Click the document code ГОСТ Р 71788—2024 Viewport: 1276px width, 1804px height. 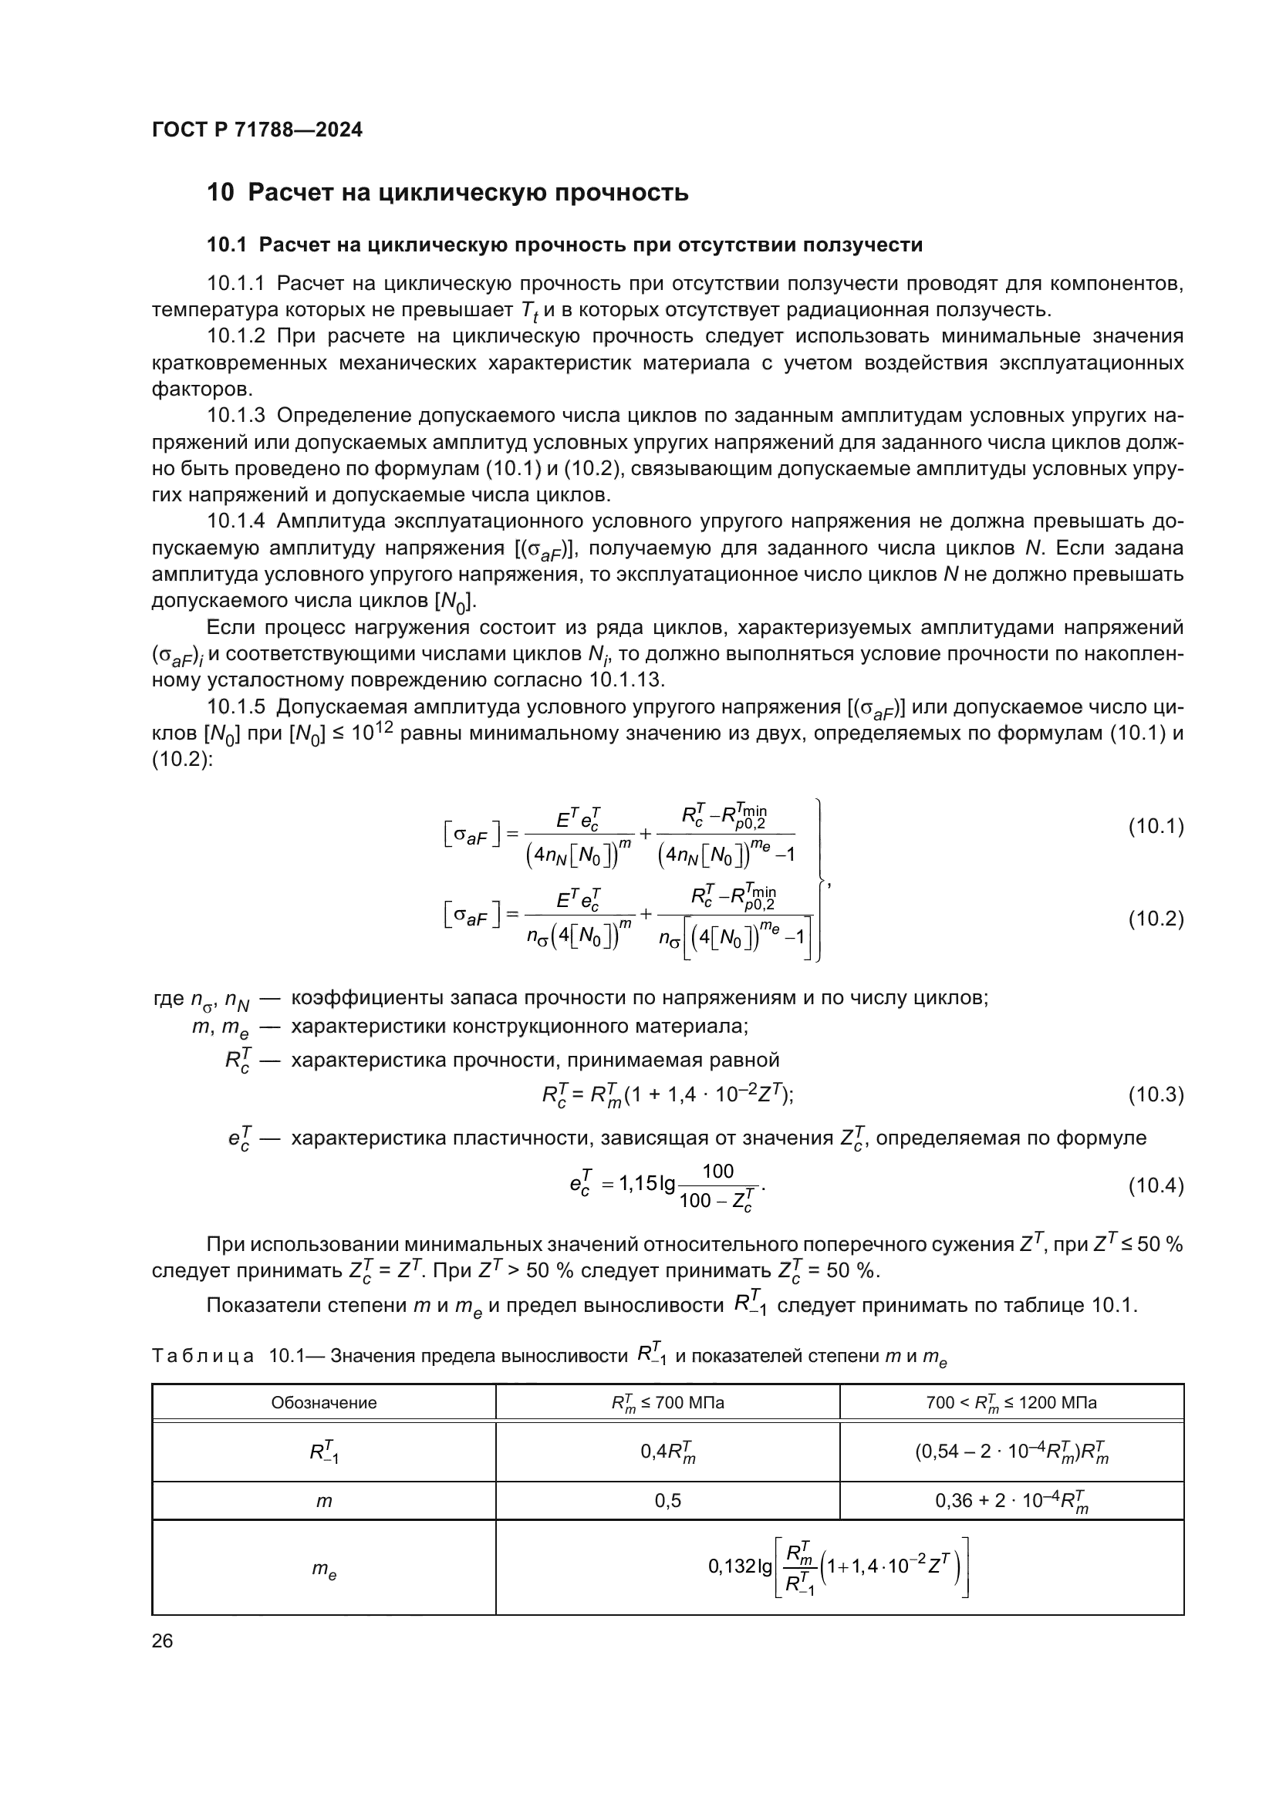(257, 130)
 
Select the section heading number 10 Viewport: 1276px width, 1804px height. (220, 193)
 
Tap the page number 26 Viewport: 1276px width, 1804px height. (163, 1640)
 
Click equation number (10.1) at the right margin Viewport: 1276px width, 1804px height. (1155, 827)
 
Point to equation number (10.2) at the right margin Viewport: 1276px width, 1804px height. (1155, 919)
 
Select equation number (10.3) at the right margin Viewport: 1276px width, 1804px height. (1155, 1094)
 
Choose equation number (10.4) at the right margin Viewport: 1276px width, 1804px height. (1155, 1185)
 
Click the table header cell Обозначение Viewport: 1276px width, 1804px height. (324, 1402)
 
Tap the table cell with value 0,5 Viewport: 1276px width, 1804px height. (668, 1501)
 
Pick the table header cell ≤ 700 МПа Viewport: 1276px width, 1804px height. (668, 1402)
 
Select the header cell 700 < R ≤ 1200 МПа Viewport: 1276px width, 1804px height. (1011, 1402)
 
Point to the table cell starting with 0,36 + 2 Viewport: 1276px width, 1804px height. (1011, 1502)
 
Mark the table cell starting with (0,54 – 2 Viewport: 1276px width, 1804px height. (1011, 1452)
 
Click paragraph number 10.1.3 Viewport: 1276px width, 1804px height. (237, 416)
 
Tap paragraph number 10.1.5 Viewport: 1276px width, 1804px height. (237, 707)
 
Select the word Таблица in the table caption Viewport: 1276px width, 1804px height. (203, 1356)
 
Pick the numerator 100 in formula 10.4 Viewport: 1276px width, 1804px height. (717, 1172)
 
